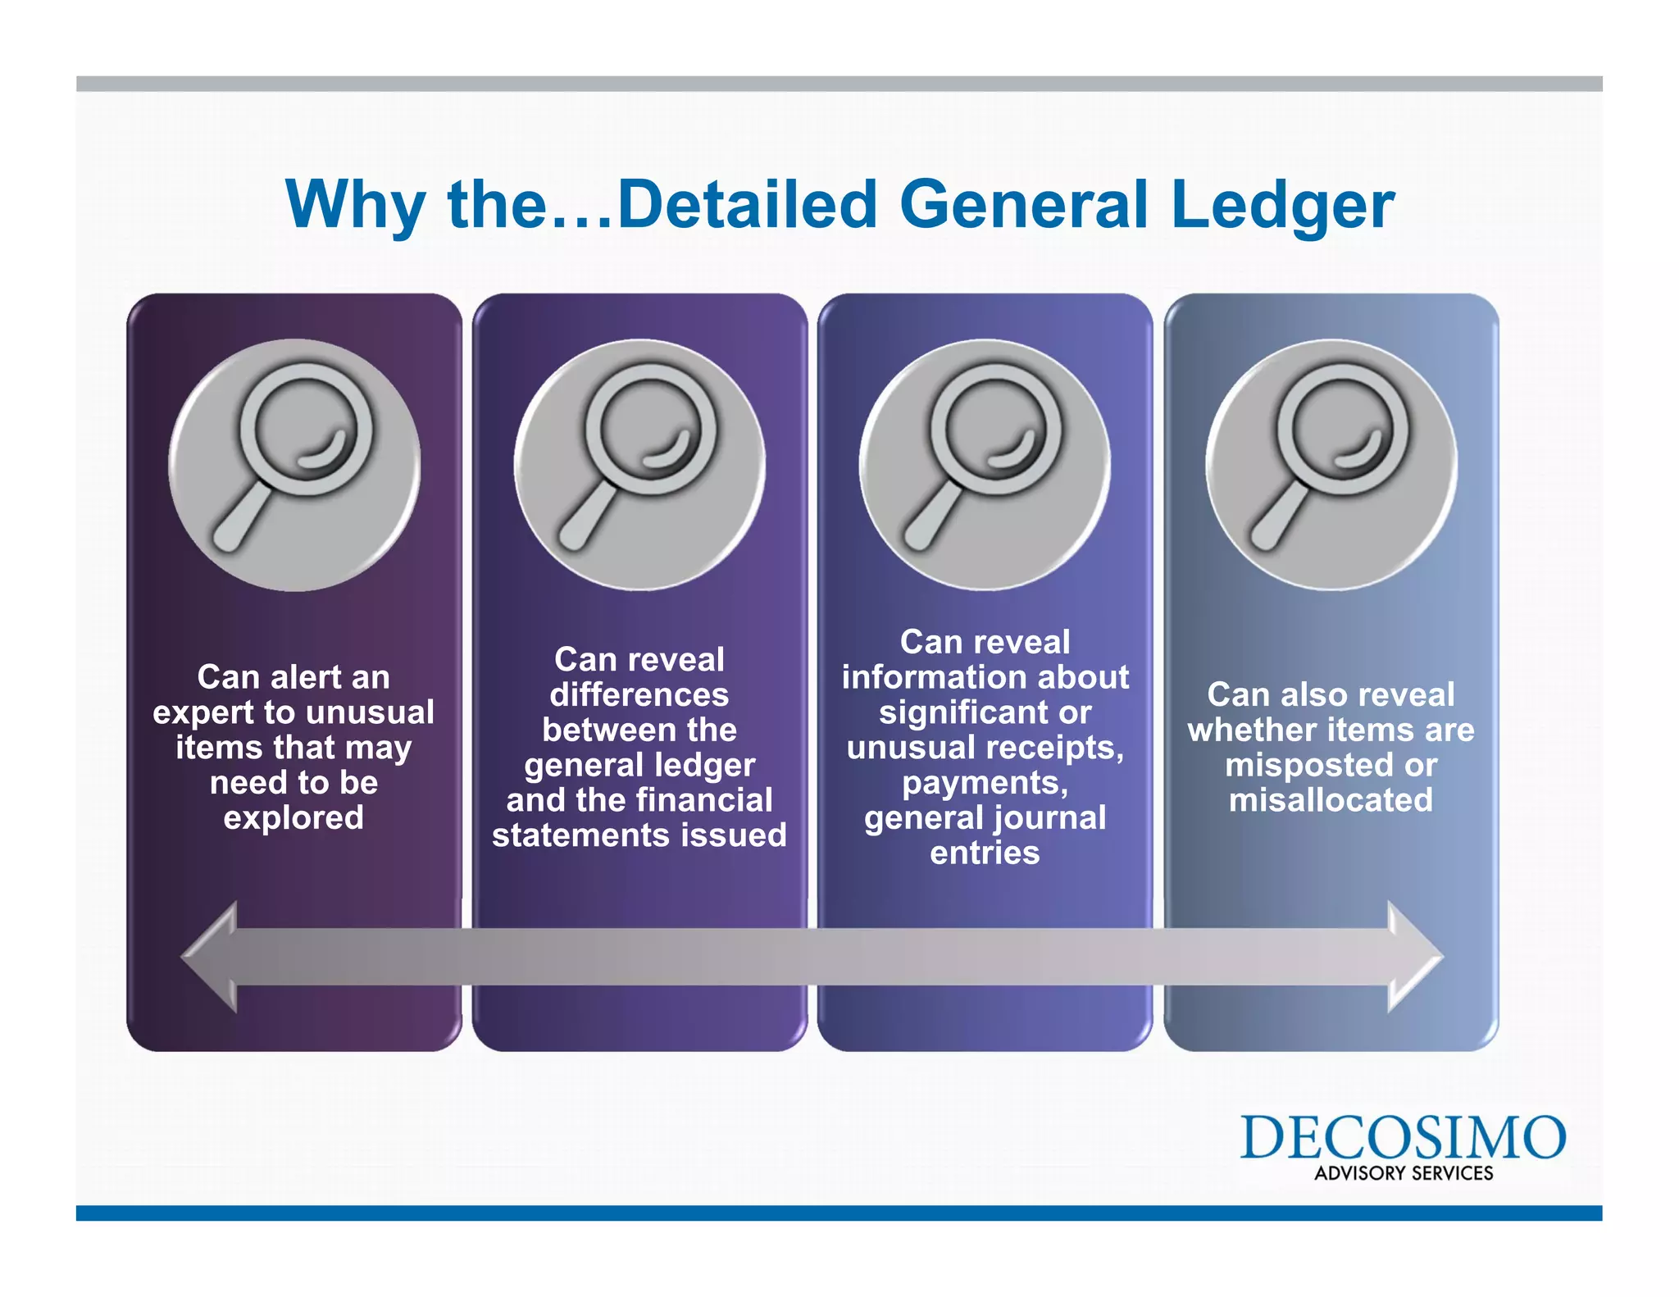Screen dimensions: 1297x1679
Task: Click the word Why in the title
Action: pyautogui.click(x=354, y=205)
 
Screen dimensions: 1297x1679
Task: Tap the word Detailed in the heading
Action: pyautogui.click(x=747, y=205)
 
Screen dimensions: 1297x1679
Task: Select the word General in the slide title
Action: pyautogui.click(x=1024, y=205)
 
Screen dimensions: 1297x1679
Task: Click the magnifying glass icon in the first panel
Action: pyautogui.click(x=294, y=464)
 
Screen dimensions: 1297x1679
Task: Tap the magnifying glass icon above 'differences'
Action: pyautogui.click(x=639, y=464)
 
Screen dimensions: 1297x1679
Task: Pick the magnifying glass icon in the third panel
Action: pyautogui.click(x=985, y=464)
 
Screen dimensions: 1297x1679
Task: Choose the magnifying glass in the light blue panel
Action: pyautogui.click(x=1331, y=464)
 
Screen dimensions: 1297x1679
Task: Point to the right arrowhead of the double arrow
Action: pyautogui.click(x=1413, y=957)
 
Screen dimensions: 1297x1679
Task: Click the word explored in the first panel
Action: pyautogui.click(x=293, y=818)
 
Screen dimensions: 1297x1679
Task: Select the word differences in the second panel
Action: pyautogui.click(x=639, y=695)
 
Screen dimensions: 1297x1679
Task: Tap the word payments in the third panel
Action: pyautogui.click(x=983, y=784)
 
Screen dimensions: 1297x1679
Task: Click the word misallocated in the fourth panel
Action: pyautogui.click(x=1331, y=800)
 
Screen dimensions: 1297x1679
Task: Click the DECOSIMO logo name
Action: pyautogui.click(x=1403, y=1138)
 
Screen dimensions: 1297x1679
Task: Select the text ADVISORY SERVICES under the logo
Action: pyautogui.click(x=1404, y=1173)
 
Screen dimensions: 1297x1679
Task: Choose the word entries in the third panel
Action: pyautogui.click(x=985, y=853)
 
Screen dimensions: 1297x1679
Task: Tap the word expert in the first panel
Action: pyautogui.click(x=203, y=713)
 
